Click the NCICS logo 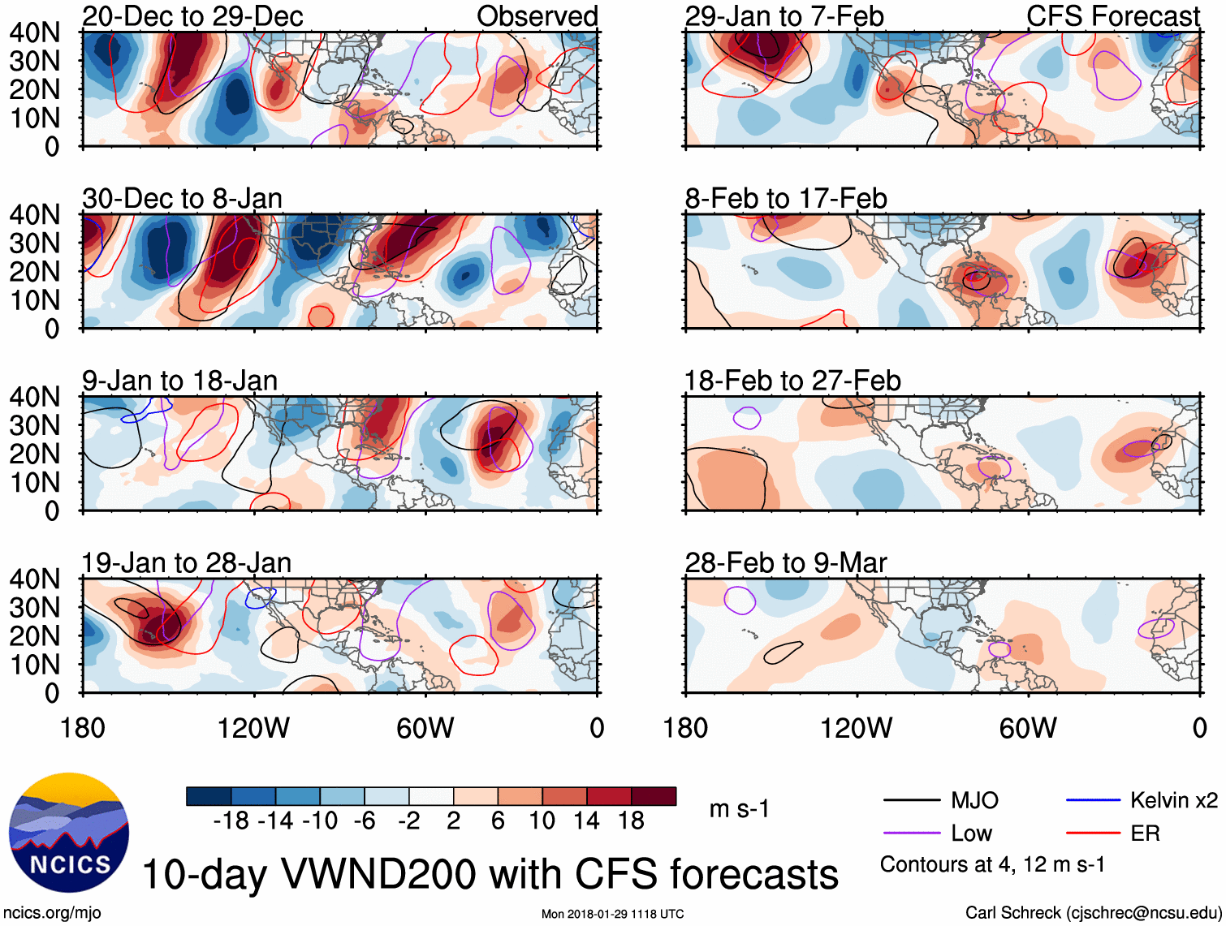coord(68,833)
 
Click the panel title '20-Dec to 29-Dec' coord(192,16)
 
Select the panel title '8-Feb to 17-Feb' coord(785,199)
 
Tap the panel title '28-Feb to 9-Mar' coord(785,563)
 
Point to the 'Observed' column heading coord(537,16)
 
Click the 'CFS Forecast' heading coord(1112,16)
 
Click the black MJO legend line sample coord(912,801)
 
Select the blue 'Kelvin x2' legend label coord(1173,801)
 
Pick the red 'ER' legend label coord(1145,833)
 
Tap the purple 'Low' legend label coord(971,833)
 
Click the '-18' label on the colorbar coord(231,821)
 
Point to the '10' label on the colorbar coord(542,821)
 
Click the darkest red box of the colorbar coord(654,796)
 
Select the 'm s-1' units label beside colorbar coord(739,809)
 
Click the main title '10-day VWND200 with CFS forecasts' coord(490,875)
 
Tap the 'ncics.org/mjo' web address coord(52,913)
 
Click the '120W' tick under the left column coord(253,728)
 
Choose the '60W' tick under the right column coord(1028,728)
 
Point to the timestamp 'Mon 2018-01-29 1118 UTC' coord(612,915)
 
